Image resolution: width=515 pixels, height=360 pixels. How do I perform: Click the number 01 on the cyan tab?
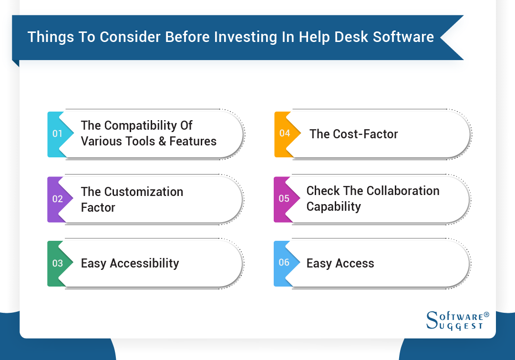tap(57, 134)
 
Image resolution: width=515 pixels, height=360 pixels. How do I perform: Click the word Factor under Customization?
tap(98, 208)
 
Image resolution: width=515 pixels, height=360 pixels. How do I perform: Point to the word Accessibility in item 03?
tap(144, 263)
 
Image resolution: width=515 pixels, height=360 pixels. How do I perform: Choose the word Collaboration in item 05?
tap(399, 191)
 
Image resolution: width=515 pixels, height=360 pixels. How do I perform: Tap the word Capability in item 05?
tap(333, 207)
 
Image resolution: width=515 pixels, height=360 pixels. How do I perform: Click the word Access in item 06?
tap(354, 263)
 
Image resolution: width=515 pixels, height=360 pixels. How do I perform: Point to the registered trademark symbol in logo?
tap(486, 315)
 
